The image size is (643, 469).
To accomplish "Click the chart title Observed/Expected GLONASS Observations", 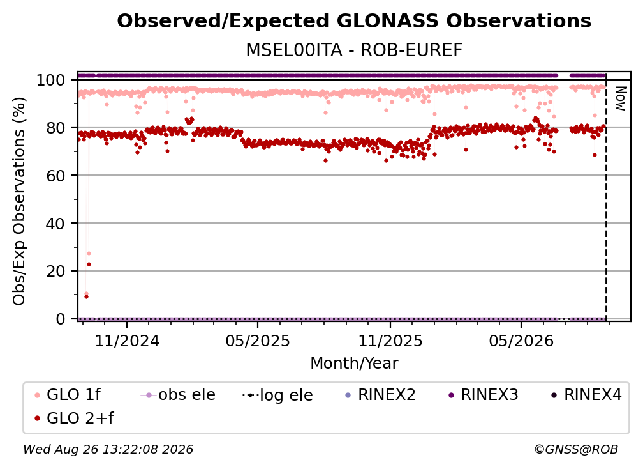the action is [354, 21].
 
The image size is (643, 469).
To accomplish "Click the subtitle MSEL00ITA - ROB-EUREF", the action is [354, 50].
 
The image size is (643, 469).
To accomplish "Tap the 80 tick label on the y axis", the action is [55, 128].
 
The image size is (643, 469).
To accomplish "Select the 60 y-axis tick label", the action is [55, 175].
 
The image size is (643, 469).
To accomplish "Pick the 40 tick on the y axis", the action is [55, 224].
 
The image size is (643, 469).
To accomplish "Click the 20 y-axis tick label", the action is [55, 271].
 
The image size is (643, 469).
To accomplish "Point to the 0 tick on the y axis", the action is [60, 319].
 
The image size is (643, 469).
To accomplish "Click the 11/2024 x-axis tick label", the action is [127, 341].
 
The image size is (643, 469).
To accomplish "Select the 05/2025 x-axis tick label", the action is [258, 341].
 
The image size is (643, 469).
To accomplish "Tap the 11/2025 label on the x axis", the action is [390, 341].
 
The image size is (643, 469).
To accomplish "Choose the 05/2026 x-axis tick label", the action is [521, 341].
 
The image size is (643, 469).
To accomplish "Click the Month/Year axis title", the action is [354, 364].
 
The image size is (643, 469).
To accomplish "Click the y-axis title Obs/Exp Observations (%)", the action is [19, 201].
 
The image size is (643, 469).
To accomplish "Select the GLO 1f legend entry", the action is [67, 395].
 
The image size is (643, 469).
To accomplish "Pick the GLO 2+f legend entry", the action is [74, 418].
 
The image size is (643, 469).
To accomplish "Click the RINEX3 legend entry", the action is [484, 395].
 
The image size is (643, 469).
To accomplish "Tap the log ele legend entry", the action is [277, 395].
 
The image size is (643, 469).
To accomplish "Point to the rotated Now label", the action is [621, 98].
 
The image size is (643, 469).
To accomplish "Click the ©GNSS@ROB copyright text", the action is [576, 449].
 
